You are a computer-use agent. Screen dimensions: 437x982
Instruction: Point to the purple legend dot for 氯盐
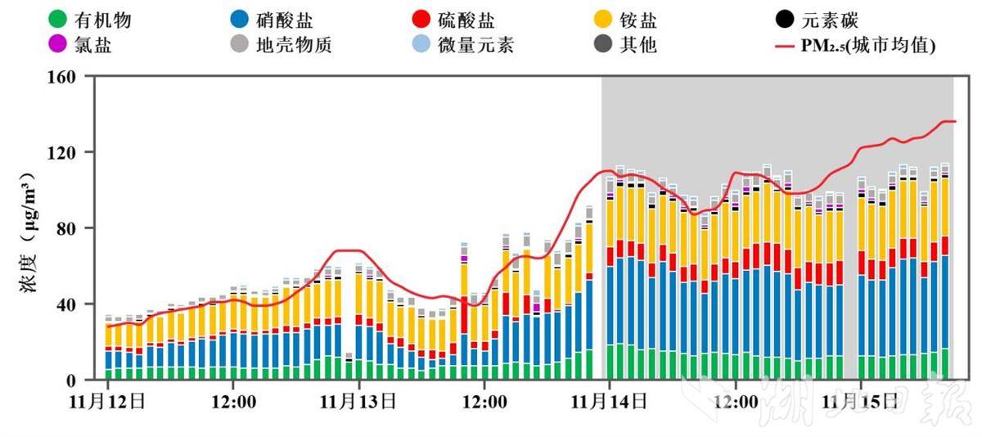click(x=57, y=44)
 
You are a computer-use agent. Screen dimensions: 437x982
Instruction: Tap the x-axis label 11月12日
click(x=107, y=402)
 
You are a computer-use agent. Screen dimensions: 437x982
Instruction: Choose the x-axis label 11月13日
click(x=358, y=402)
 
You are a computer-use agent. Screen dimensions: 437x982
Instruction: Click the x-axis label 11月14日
click(x=609, y=402)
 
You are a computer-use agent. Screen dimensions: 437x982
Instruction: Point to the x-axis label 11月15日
click(x=860, y=402)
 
